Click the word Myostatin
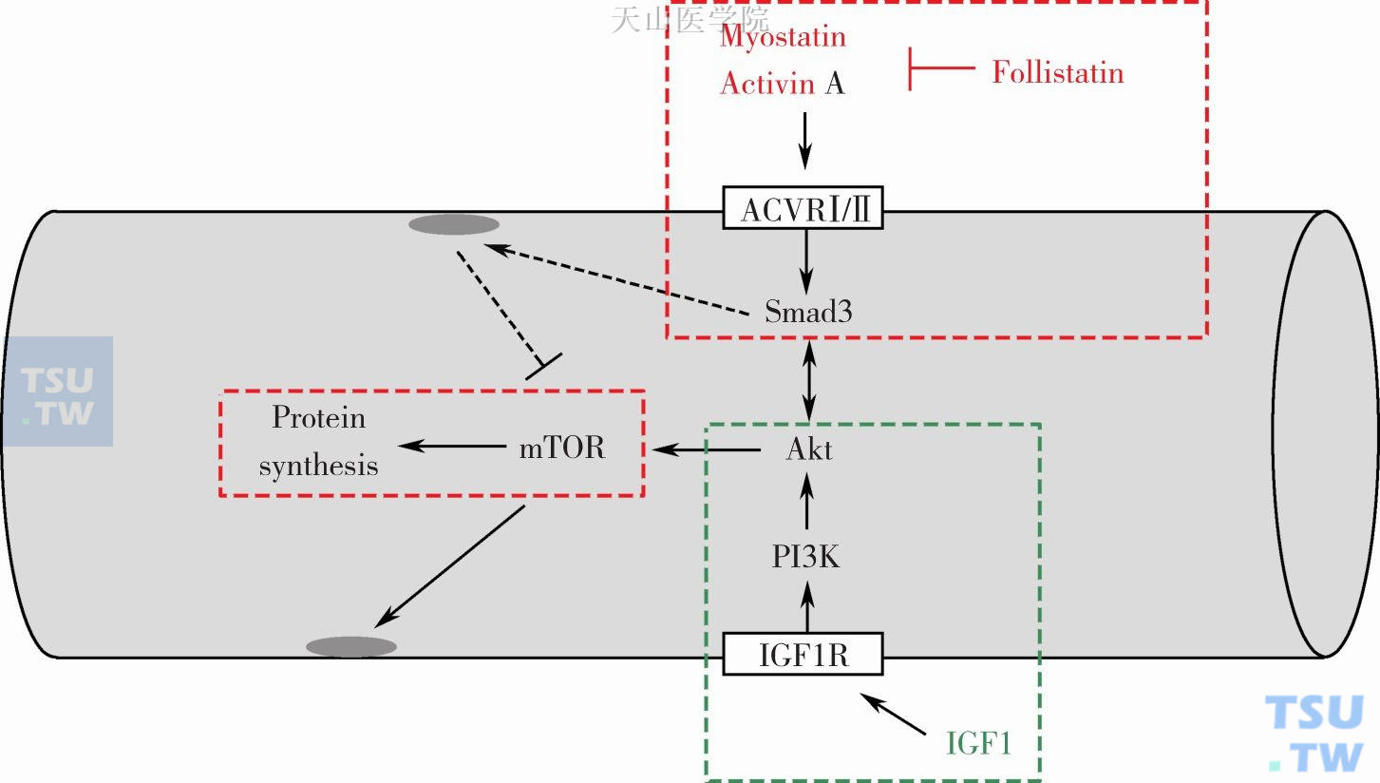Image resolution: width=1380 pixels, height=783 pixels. tap(783, 37)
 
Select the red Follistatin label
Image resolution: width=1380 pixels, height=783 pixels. tap(1057, 73)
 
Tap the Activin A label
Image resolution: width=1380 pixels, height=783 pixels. tap(782, 84)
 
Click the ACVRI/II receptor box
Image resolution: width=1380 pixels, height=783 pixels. tap(803, 208)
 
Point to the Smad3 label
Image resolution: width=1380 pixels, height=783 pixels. tap(808, 312)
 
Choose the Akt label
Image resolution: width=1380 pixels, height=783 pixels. tap(809, 449)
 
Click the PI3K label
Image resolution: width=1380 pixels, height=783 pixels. tap(806, 557)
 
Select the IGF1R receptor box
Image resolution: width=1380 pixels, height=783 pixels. tap(803, 655)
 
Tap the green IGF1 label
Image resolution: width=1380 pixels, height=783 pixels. tap(979, 742)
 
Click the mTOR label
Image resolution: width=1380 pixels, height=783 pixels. tap(561, 448)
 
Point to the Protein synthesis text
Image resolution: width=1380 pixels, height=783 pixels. tap(318, 442)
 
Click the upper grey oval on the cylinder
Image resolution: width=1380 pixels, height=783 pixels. tap(454, 225)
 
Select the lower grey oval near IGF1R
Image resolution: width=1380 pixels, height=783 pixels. tap(351, 647)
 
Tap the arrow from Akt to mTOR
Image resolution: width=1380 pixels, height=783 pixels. tap(706, 449)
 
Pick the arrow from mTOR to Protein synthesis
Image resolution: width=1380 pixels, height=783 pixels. tap(452, 446)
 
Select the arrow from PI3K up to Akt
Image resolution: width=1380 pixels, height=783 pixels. tap(807, 502)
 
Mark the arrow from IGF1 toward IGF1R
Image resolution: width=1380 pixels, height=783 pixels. tap(893, 714)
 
